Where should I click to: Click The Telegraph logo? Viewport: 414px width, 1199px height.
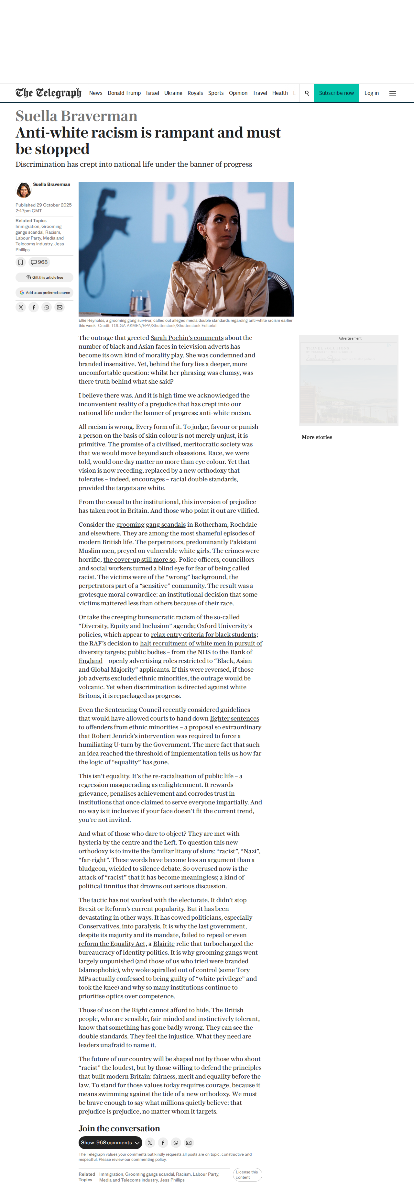pyautogui.click(x=49, y=93)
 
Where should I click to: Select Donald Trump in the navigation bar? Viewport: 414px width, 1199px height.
pyautogui.click(x=124, y=93)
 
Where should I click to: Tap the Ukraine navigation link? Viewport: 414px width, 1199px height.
pyautogui.click(x=173, y=93)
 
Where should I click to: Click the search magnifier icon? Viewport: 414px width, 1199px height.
pyautogui.click(x=307, y=93)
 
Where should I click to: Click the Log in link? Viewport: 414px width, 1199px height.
pyautogui.click(x=371, y=93)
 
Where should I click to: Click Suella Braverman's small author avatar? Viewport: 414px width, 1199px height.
pyautogui.click(x=23, y=190)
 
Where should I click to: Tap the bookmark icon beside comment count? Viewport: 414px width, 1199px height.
pyautogui.click(x=20, y=262)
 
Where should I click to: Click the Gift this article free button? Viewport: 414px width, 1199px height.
pyautogui.click(x=45, y=277)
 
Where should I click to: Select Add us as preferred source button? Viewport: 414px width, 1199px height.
pyautogui.click(x=45, y=293)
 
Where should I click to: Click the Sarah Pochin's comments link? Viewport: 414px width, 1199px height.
pyautogui.click(x=187, y=338)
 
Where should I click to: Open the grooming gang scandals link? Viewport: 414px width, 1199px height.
pyautogui.click(x=151, y=524)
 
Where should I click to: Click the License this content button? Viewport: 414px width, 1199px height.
pyautogui.click(x=247, y=1174)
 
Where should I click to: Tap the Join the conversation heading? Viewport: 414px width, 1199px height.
pyautogui.click(x=119, y=1128)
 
